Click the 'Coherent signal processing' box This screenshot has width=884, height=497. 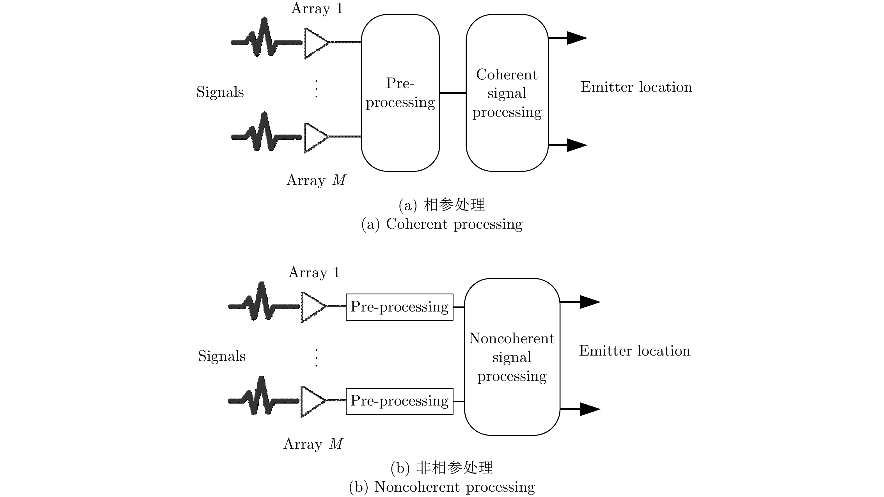pos(507,93)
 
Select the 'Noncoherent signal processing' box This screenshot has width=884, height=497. pos(512,357)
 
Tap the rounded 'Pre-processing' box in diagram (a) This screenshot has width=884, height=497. pos(400,93)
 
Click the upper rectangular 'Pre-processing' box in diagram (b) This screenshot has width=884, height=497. pos(399,307)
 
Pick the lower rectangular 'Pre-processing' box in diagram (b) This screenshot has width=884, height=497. pos(399,401)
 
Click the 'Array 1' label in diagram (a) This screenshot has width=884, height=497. pos(317,8)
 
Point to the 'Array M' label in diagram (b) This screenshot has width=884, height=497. pos(313,444)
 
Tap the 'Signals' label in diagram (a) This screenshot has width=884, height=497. pos(220,92)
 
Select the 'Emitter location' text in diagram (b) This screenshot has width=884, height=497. pos(635,351)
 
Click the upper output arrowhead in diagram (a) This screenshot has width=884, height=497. pos(576,38)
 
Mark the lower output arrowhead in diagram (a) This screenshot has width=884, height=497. pos(576,145)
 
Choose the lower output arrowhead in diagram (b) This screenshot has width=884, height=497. pos(590,409)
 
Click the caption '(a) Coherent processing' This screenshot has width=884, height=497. pos(442,224)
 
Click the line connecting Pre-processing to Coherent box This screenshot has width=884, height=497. pos(453,93)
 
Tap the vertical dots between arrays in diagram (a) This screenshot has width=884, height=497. pos(316,89)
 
